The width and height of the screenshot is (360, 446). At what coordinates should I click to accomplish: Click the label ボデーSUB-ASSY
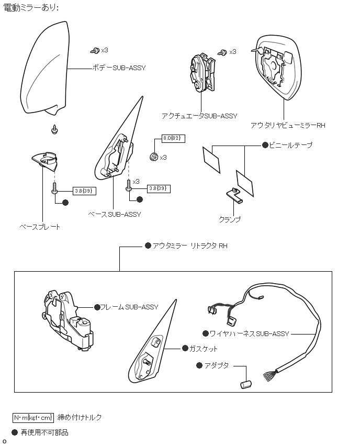119,68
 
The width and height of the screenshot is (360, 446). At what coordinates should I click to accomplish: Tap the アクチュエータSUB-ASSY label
199,116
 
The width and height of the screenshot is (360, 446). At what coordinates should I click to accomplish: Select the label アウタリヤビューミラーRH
288,126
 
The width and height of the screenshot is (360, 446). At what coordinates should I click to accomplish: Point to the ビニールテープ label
291,145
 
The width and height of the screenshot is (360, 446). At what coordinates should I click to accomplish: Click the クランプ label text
230,219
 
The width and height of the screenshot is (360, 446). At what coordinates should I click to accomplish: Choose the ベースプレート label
40,227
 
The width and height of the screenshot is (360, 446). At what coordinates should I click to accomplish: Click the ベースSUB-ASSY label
114,214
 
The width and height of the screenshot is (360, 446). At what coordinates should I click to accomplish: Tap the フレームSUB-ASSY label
129,307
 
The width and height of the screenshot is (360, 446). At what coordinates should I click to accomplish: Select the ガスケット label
203,349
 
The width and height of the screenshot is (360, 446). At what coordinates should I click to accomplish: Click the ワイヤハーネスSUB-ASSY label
249,333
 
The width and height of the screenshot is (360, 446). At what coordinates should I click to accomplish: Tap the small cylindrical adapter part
246,385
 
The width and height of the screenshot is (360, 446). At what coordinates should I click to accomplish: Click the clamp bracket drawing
235,196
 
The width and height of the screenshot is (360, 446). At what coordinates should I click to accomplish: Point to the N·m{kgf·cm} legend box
33,417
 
